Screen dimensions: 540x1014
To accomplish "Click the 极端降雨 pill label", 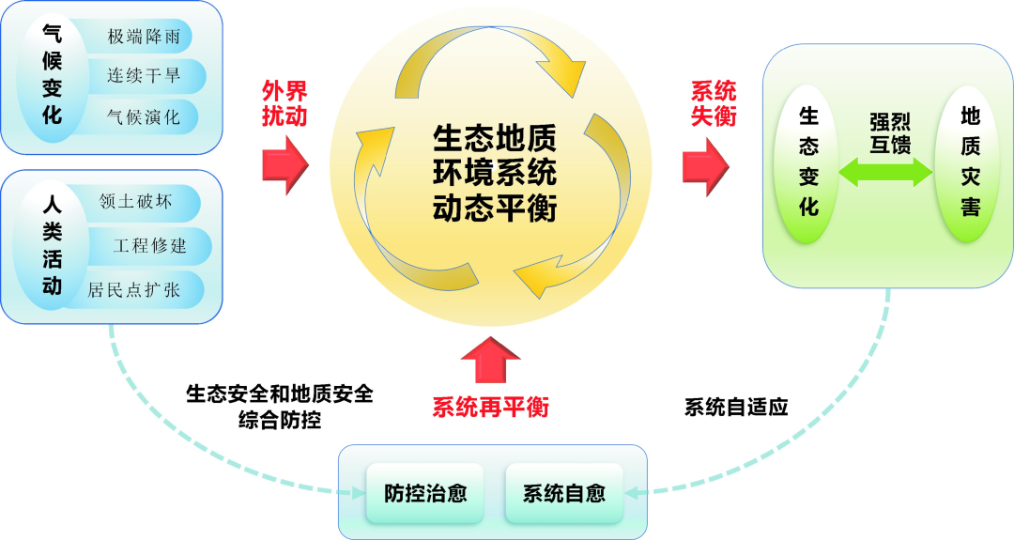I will (144, 38).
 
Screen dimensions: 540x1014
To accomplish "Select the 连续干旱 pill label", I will (144, 77).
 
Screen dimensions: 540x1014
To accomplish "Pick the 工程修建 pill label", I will (149, 246).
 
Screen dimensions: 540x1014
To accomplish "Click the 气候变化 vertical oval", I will (53, 75).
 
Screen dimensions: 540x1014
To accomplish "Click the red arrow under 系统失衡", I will (705, 162).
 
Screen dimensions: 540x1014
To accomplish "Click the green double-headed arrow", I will (883, 171).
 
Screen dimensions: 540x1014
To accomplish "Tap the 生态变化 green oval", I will (808, 162).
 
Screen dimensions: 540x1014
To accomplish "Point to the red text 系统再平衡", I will (490, 408).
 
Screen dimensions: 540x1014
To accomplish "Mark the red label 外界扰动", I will (284, 103).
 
